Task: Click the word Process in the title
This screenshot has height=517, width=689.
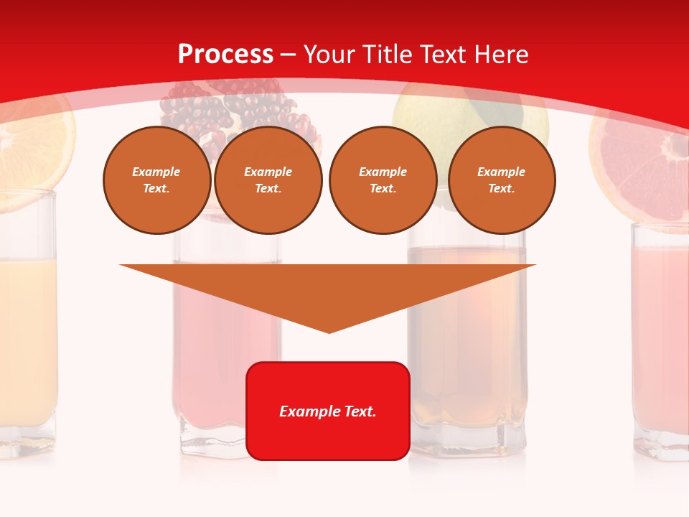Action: [x=225, y=55]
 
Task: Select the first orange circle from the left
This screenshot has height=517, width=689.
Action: [x=156, y=180]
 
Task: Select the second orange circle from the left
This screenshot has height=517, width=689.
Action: [x=268, y=180]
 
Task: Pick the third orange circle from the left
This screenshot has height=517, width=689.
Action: [x=383, y=180]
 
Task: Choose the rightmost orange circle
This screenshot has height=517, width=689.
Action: [x=501, y=180]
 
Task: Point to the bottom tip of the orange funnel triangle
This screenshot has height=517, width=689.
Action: [x=329, y=330]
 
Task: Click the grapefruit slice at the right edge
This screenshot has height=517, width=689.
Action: [x=639, y=165]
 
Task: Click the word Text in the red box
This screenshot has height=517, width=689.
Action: [x=357, y=411]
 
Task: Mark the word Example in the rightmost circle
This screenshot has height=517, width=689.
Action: [x=501, y=172]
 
